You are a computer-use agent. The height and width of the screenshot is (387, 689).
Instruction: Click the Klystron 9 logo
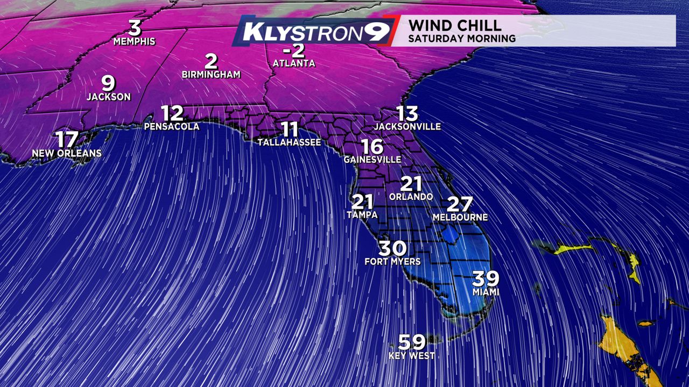[x=314, y=32]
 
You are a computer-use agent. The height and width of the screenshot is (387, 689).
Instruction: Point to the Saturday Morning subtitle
[x=462, y=39]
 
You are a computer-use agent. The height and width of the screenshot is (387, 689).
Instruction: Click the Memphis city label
[x=135, y=41]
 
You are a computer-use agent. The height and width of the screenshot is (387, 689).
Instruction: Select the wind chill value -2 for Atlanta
[x=294, y=51]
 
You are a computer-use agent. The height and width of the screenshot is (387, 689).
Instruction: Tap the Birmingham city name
[x=211, y=74]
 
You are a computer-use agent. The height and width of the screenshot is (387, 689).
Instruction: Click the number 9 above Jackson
[x=109, y=83]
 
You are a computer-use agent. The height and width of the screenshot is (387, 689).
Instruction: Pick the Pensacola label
[x=172, y=127]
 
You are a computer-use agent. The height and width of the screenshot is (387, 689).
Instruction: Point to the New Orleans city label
[x=67, y=153]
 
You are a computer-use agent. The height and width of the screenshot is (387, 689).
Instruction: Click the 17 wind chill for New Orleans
[x=67, y=139]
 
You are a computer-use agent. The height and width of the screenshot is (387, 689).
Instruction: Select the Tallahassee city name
[x=289, y=142]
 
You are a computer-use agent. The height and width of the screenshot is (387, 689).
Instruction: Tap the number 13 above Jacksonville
[x=407, y=113]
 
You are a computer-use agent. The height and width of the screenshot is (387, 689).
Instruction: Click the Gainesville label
[x=372, y=160]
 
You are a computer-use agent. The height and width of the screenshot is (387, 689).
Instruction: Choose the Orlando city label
[x=411, y=197]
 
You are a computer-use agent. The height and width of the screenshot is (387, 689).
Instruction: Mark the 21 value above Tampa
[x=362, y=202]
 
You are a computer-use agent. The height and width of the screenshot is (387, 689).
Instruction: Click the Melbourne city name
[x=460, y=217]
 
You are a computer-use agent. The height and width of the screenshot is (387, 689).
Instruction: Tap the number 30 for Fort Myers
[x=392, y=248]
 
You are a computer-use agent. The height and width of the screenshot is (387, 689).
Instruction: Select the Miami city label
[x=486, y=292]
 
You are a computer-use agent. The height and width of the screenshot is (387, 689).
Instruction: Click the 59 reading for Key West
[x=412, y=342]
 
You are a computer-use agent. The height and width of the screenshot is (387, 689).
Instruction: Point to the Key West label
[x=412, y=356]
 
